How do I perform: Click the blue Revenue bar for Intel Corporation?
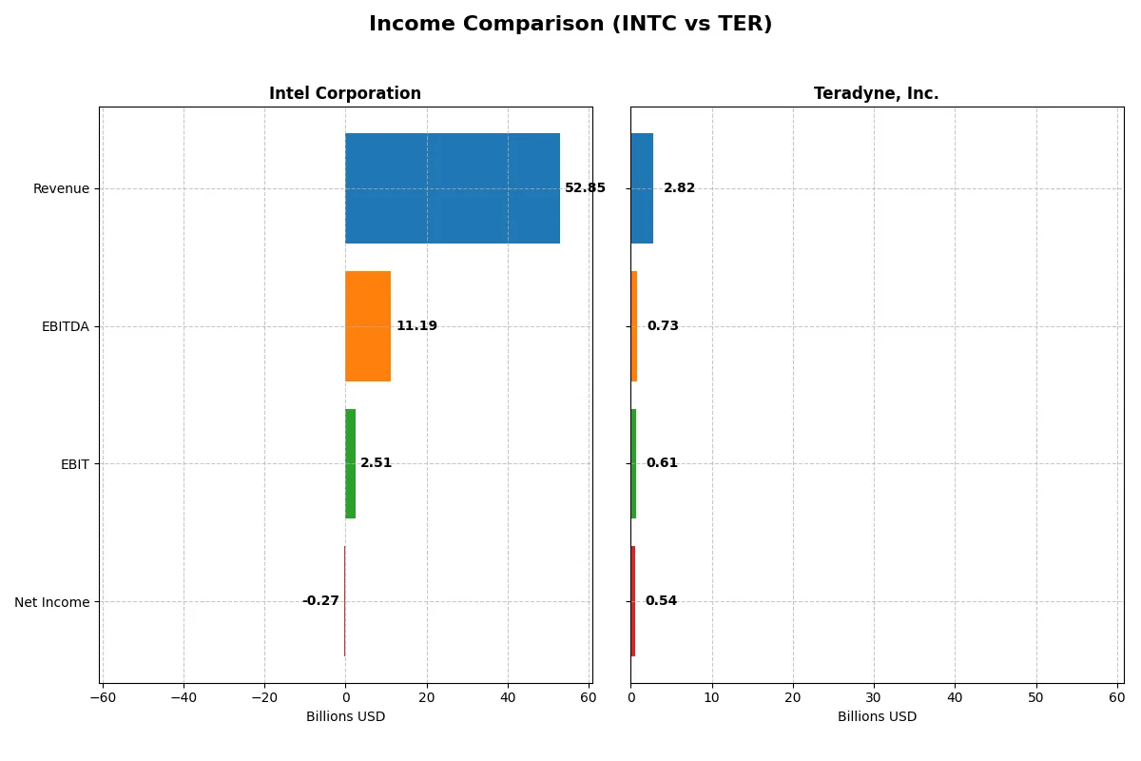452,188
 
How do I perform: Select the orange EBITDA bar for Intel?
368,326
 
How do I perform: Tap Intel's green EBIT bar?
350,463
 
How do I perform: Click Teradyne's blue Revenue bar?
642,188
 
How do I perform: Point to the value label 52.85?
585,188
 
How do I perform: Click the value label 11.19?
416,326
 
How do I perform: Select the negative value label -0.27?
320,601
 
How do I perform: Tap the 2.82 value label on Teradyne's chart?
679,188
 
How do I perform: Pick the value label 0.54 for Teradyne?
661,601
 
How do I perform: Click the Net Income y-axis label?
52,602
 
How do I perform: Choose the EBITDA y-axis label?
66,326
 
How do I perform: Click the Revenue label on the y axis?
61,188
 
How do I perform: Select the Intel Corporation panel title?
345,93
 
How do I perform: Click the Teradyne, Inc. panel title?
876,93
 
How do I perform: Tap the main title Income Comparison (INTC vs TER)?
570,24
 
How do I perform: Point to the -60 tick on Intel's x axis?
103,698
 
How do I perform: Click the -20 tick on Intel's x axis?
264,698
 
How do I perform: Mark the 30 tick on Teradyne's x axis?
874,698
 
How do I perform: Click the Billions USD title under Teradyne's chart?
877,716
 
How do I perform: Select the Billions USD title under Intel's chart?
345,716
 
